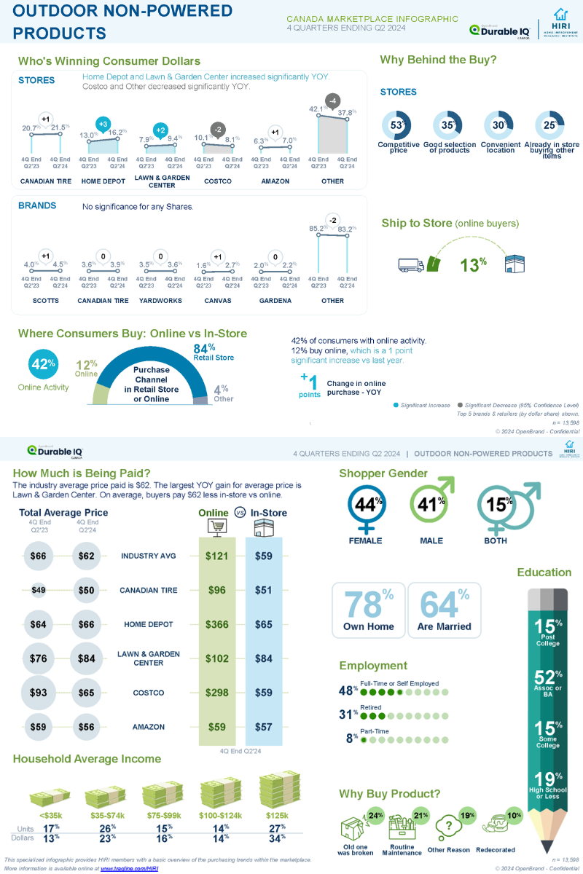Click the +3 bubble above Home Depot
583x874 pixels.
103,124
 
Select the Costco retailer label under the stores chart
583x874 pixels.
217,181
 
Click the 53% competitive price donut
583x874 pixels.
397,125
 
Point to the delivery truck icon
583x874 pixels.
411,265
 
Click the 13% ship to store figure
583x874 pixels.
472,264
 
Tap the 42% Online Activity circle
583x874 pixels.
42,364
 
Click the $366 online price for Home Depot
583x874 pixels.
217,624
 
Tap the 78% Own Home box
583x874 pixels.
368,610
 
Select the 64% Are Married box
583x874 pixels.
444,610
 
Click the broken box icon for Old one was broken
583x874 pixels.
354,828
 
